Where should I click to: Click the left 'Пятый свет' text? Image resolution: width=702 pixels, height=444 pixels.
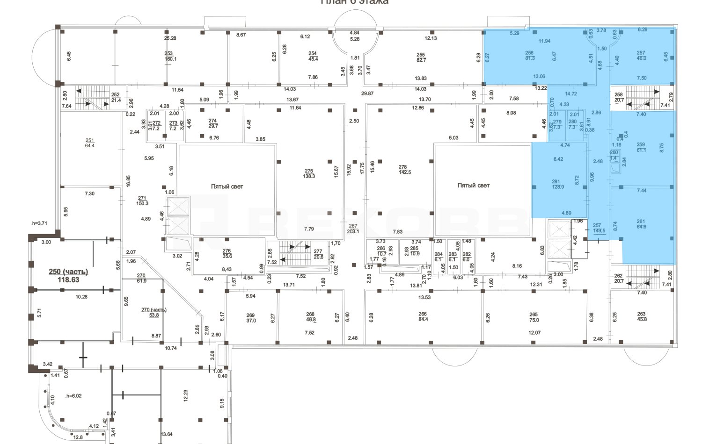tap(227, 186)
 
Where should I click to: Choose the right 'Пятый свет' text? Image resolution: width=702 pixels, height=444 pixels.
tap(474, 186)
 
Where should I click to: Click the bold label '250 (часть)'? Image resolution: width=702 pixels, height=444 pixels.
tap(68, 272)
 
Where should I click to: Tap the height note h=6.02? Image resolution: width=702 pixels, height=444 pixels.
tap(73, 395)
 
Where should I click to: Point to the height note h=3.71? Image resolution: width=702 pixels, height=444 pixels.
tap(39, 224)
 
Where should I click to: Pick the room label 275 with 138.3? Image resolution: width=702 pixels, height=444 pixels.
tap(309, 173)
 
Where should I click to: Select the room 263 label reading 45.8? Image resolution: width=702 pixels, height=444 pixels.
tap(641, 317)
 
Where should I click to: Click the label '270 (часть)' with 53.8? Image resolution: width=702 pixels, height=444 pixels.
tap(154, 312)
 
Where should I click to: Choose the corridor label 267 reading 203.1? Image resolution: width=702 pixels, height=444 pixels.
tap(352, 229)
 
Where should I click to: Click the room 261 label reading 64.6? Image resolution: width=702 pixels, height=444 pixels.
tap(641, 224)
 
